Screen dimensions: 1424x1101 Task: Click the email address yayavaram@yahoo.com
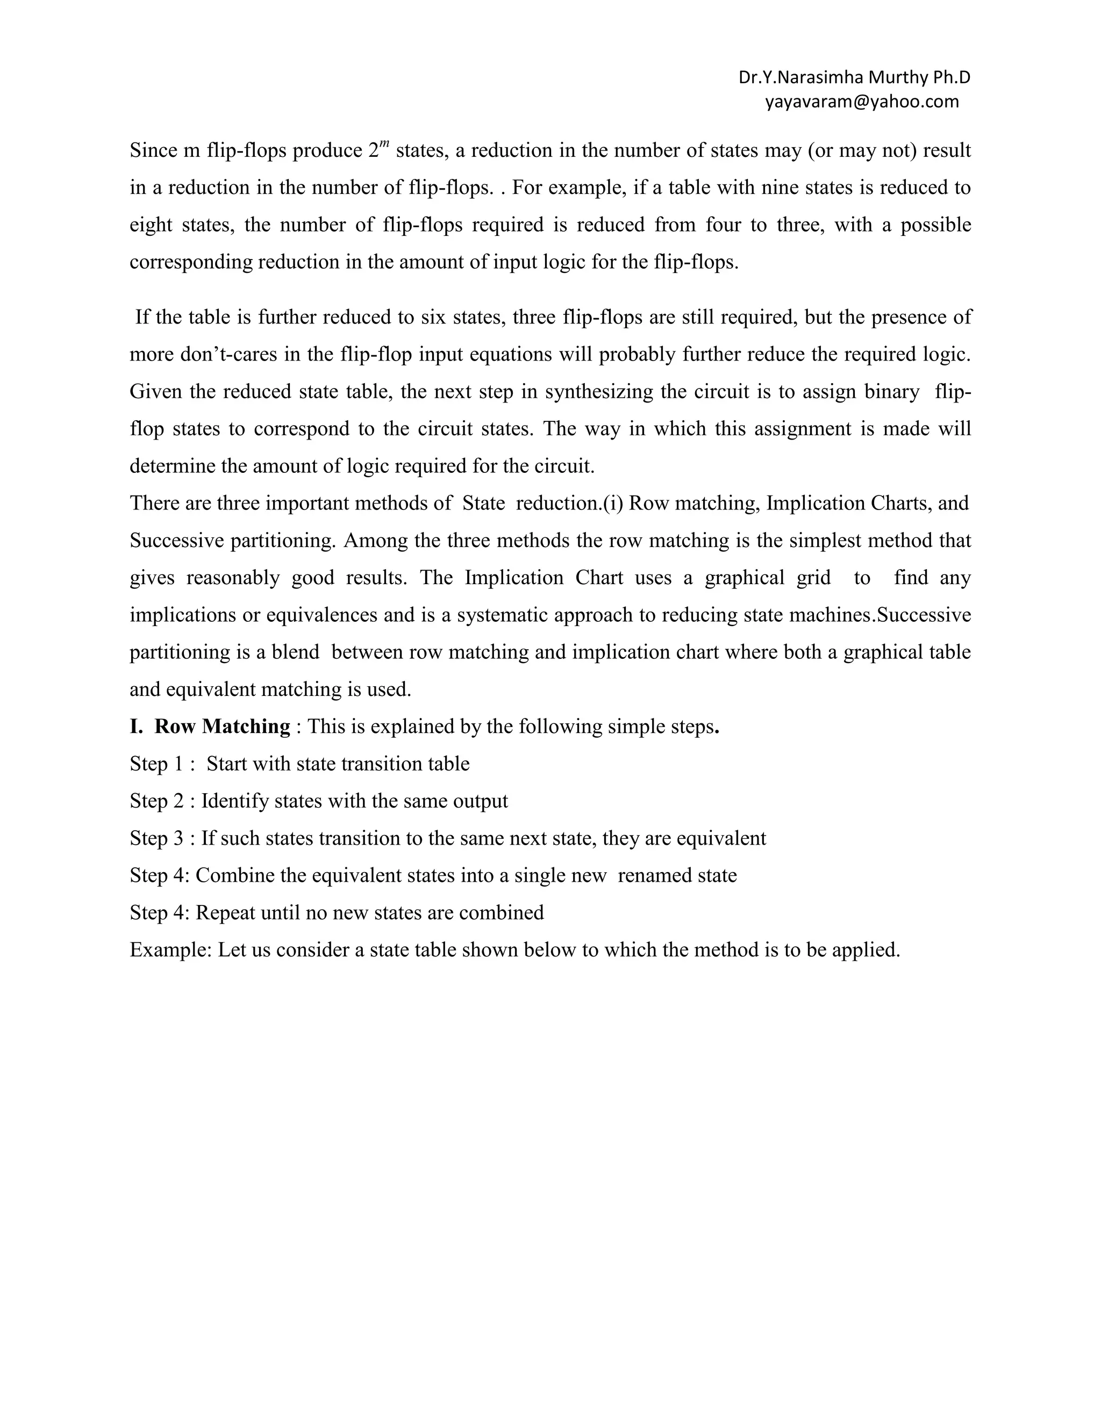pyautogui.click(x=862, y=102)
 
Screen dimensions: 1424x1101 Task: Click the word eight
pyautogui.click(x=150, y=225)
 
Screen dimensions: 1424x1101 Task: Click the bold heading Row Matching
pyautogui.click(x=222, y=727)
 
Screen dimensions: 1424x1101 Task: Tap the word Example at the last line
pyautogui.click(x=170, y=950)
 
